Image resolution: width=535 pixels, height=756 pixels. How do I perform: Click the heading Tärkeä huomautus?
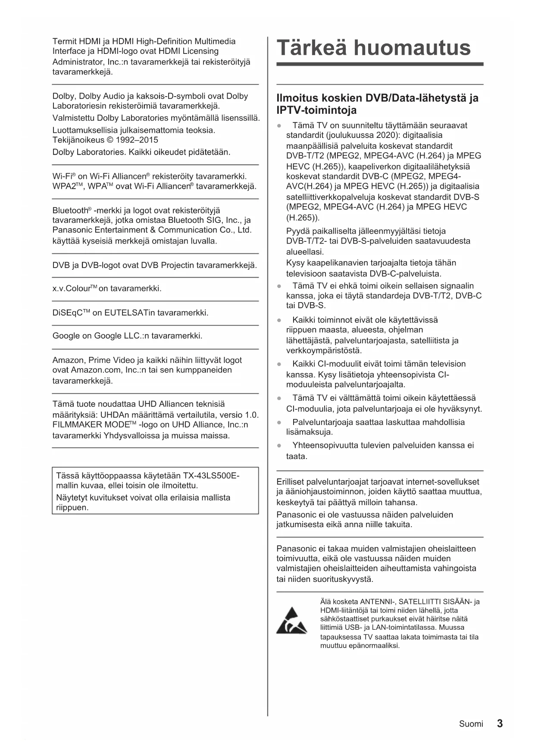tap(373, 47)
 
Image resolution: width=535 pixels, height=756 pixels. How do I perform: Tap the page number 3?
tap(500, 724)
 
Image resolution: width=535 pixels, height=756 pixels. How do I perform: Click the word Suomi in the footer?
tap(471, 724)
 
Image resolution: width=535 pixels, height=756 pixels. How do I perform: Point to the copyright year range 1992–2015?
tap(137, 140)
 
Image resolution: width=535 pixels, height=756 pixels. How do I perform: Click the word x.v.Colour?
tap(72, 289)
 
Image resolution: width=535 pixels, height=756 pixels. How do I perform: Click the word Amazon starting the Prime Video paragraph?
tap(68, 360)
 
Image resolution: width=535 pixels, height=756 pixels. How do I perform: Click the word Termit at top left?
tap(64, 41)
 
